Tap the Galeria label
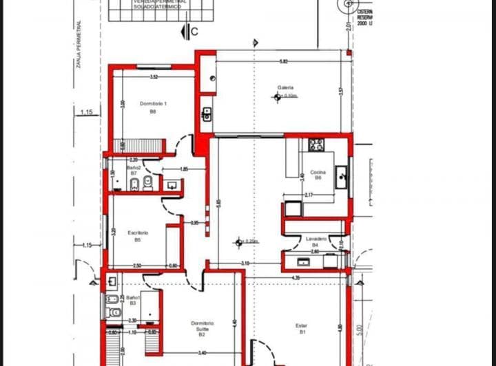point(285,88)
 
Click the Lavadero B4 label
point(316,241)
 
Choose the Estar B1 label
point(302,329)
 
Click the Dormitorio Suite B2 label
point(202,328)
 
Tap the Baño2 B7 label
point(134,170)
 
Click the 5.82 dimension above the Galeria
point(283,62)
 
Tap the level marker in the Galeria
point(278,97)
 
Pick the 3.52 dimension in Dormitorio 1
point(154,76)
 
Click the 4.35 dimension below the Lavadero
point(295,277)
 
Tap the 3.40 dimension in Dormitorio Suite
point(203,353)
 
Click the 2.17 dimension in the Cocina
point(309,196)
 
